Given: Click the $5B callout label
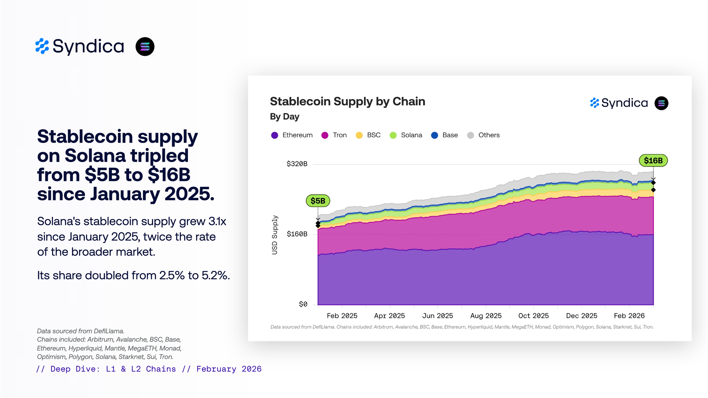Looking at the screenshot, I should [318, 201].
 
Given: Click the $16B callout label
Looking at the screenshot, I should [653, 161].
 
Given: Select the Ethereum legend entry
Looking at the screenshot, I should [292, 135].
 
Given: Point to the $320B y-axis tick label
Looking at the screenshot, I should [297, 164].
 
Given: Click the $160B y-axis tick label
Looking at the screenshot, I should [297, 234].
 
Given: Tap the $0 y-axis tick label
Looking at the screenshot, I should [303, 304].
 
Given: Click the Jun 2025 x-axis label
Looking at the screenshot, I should [438, 316].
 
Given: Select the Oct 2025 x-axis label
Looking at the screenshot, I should [533, 316].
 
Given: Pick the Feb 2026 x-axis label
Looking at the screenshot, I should [629, 316].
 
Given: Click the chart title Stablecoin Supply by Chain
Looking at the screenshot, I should [347, 102].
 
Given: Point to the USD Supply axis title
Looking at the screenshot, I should [275, 235].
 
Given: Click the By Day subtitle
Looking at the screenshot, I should [285, 117].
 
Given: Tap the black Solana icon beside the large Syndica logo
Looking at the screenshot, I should [145, 47].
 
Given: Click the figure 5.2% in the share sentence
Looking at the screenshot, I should [215, 275].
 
